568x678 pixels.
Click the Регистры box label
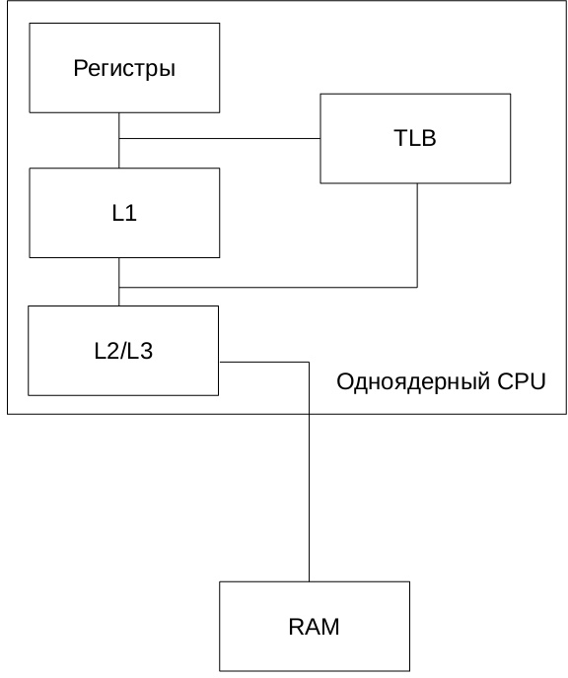(124, 69)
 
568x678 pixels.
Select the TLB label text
(415, 138)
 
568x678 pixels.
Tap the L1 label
(124, 213)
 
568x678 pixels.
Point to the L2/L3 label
(123, 351)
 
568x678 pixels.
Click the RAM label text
(314, 627)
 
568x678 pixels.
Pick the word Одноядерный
(413, 382)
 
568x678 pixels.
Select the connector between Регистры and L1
(119, 141)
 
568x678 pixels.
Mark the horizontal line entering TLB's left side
(220, 139)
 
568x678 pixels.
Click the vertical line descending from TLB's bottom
(417, 236)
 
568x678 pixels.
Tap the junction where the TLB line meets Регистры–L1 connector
(119, 139)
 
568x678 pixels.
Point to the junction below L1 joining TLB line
(119, 287)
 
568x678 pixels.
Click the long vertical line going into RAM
(310, 472)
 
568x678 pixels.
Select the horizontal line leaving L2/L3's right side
(264, 362)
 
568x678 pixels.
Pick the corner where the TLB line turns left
(417, 287)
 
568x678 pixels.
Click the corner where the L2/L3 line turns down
(310, 362)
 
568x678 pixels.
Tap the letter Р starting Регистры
(81, 68)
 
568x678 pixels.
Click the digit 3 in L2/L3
(146, 351)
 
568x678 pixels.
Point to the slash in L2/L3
(123, 351)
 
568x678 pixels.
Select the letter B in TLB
(428, 138)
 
